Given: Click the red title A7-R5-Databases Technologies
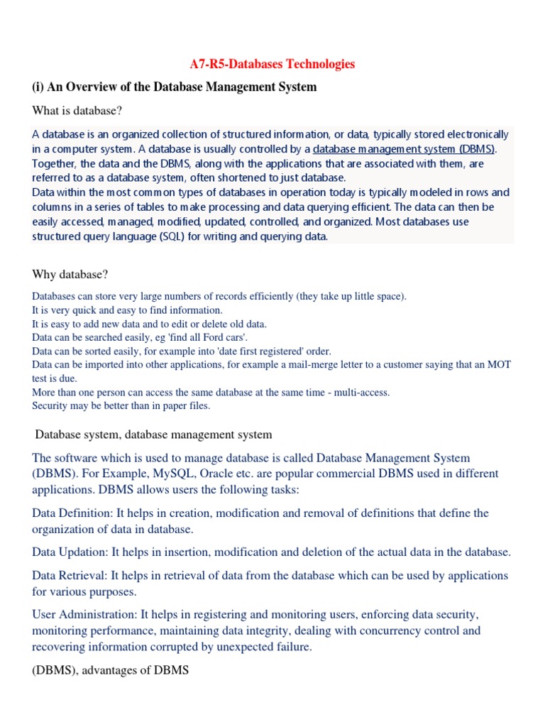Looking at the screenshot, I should coord(272,65).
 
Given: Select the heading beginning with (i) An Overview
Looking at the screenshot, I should coord(175,87).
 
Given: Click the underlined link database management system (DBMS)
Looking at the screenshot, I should coord(404,149).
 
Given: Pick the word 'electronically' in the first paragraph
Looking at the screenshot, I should coord(474,134).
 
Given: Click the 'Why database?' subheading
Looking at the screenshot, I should coord(70,274).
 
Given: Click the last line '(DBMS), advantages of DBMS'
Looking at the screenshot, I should coord(111,669).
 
